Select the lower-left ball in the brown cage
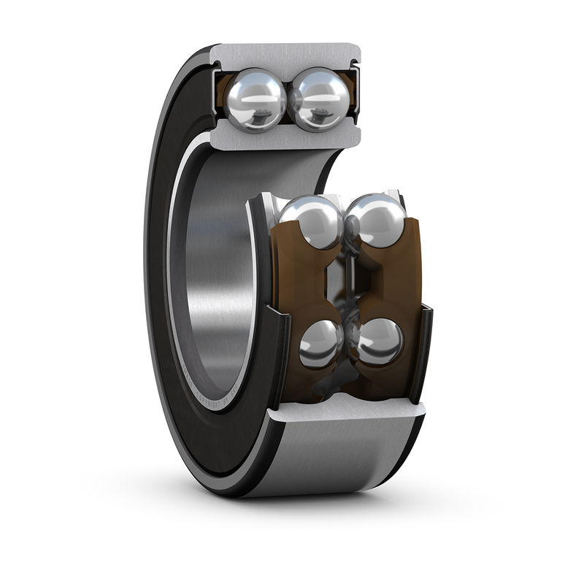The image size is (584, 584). [x=321, y=343]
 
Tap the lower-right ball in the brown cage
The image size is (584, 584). [x=380, y=342]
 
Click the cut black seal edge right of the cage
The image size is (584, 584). [x=423, y=350]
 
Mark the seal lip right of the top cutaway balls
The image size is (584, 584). [x=356, y=95]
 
